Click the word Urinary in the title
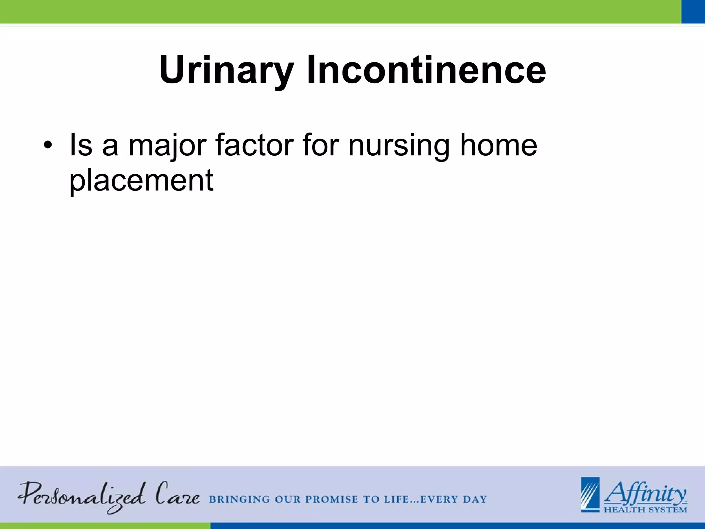click(x=226, y=70)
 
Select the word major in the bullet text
click(x=168, y=145)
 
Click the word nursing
click(x=399, y=145)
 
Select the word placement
click(x=141, y=180)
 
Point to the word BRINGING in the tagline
click(x=240, y=499)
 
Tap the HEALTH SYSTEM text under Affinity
click(x=645, y=509)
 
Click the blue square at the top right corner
click(x=693, y=12)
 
